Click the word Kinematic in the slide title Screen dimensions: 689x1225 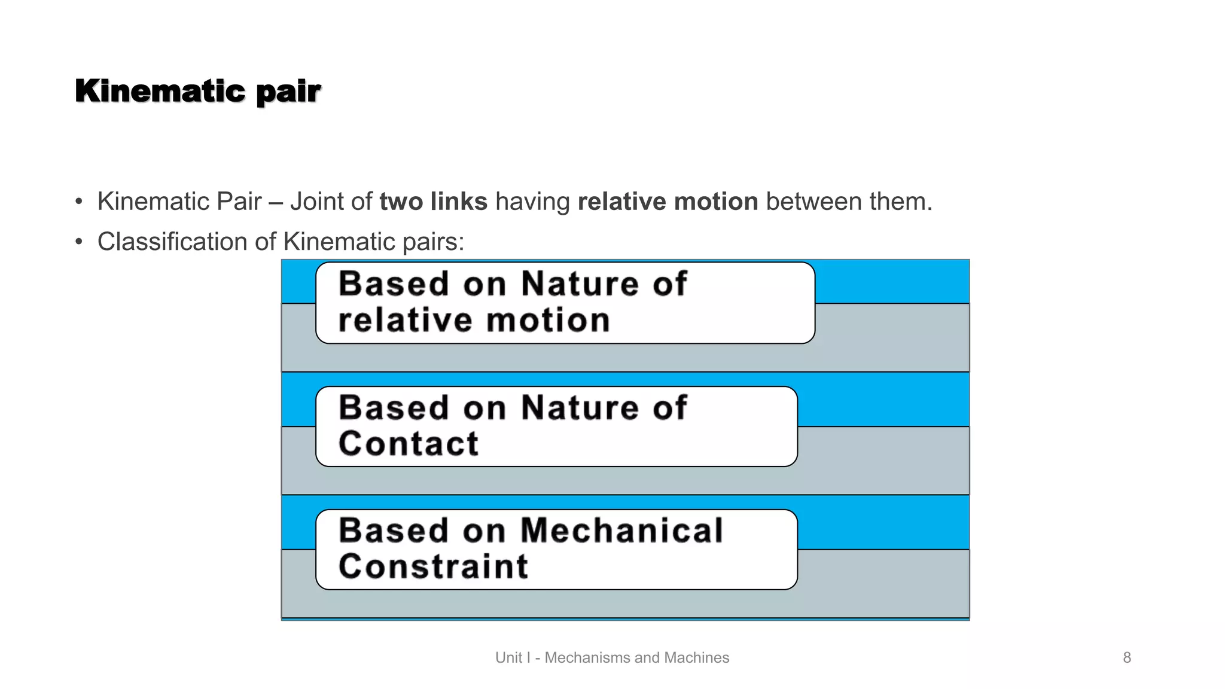(x=160, y=92)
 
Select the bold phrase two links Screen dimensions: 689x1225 (x=433, y=202)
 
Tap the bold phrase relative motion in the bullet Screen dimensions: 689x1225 (x=668, y=202)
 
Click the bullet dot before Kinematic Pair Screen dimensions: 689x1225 (x=79, y=202)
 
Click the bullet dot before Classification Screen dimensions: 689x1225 (x=79, y=242)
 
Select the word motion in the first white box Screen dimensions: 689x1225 (x=548, y=321)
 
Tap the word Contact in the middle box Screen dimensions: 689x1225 (x=409, y=444)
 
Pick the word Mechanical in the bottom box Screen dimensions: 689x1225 (x=621, y=531)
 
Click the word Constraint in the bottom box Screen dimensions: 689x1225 (x=433, y=567)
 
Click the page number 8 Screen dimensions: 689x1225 (x=1127, y=658)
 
